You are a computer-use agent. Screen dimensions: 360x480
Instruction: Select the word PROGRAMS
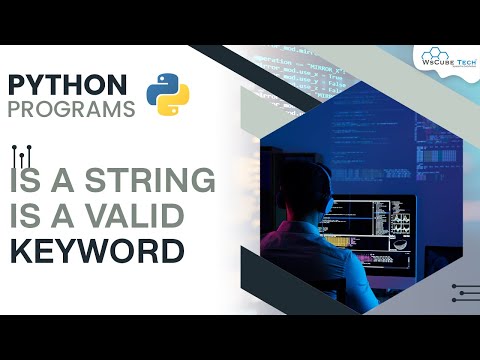(71, 108)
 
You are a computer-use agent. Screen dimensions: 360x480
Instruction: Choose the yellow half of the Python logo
(175, 100)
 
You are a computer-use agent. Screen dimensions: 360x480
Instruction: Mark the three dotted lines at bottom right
(464, 291)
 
